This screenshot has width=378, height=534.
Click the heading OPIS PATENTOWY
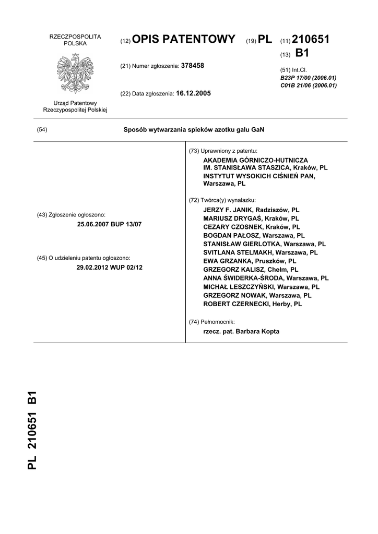coord(185,40)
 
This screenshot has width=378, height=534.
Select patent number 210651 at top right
coord(311,40)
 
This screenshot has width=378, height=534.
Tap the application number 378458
coord(192,66)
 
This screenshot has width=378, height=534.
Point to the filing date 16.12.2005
coord(194,93)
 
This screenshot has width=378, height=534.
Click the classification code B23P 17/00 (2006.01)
coord(308,78)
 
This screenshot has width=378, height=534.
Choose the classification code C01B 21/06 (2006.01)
coord(308,86)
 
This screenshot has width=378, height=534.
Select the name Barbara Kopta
coord(258,331)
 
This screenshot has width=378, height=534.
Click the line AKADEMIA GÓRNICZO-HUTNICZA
coord(255,160)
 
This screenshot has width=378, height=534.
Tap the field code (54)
coord(42,130)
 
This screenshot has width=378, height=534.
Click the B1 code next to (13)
coord(302,53)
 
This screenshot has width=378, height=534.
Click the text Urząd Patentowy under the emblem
coord(75,103)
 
